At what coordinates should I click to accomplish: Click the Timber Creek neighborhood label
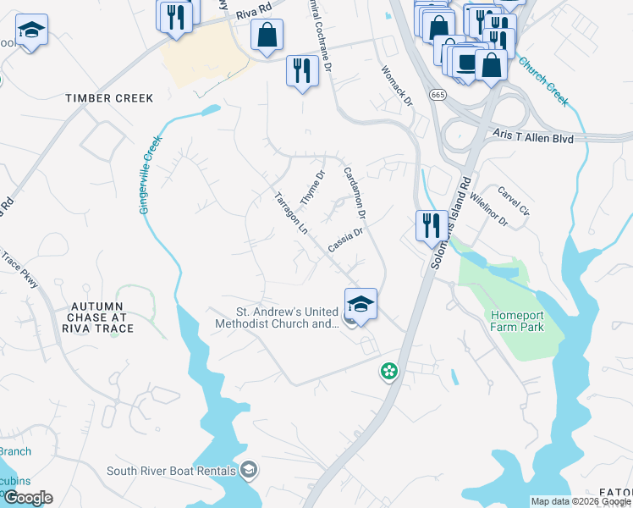coord(110,98)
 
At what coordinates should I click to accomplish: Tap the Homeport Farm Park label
coord(517,321)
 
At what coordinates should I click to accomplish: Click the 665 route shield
coord(438,94)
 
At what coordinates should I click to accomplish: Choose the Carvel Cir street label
coord(514,201)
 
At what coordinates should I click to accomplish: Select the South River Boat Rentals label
coord(173,470)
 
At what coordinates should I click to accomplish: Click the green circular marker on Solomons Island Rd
coord(388,371)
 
